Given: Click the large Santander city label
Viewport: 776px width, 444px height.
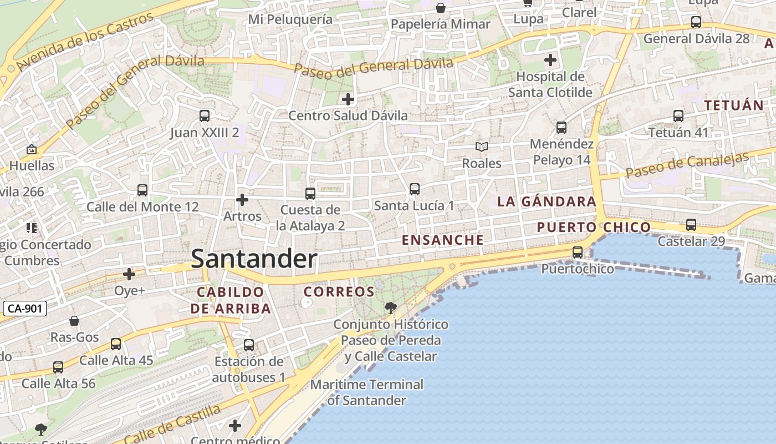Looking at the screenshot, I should point(254,259).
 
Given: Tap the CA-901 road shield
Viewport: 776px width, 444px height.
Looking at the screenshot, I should point(25,309).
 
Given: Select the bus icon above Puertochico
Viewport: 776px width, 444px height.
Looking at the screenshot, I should point(578,253).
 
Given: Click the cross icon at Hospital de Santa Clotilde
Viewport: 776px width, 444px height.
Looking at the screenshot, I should point(550,60).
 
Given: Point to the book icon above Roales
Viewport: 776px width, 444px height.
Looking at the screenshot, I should point(482,147).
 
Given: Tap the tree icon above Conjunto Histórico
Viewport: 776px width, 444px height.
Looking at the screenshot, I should point(390,307).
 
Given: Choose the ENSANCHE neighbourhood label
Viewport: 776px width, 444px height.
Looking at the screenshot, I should point(442,240).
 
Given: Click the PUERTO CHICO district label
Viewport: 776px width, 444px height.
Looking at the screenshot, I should point(593,227).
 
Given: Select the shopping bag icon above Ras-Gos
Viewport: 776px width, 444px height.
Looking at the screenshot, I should point(74,321).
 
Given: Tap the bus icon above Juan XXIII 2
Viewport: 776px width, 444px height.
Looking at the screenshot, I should point(205,116).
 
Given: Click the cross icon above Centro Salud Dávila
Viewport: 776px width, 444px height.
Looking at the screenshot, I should point(348,100).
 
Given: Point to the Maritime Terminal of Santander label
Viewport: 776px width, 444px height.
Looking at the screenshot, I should point(367,392).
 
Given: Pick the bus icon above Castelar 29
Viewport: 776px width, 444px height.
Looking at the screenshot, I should point(691,225).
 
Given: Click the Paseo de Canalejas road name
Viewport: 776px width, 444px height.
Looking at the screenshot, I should point(687,165).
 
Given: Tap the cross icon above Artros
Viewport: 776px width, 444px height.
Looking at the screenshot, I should point(242,200).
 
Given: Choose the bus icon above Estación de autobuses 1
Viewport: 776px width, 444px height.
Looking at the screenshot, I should point(249,345).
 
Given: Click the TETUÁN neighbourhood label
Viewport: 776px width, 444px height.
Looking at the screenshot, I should point(733,105).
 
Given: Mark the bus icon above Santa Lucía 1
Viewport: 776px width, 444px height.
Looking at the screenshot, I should point(414,189).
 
